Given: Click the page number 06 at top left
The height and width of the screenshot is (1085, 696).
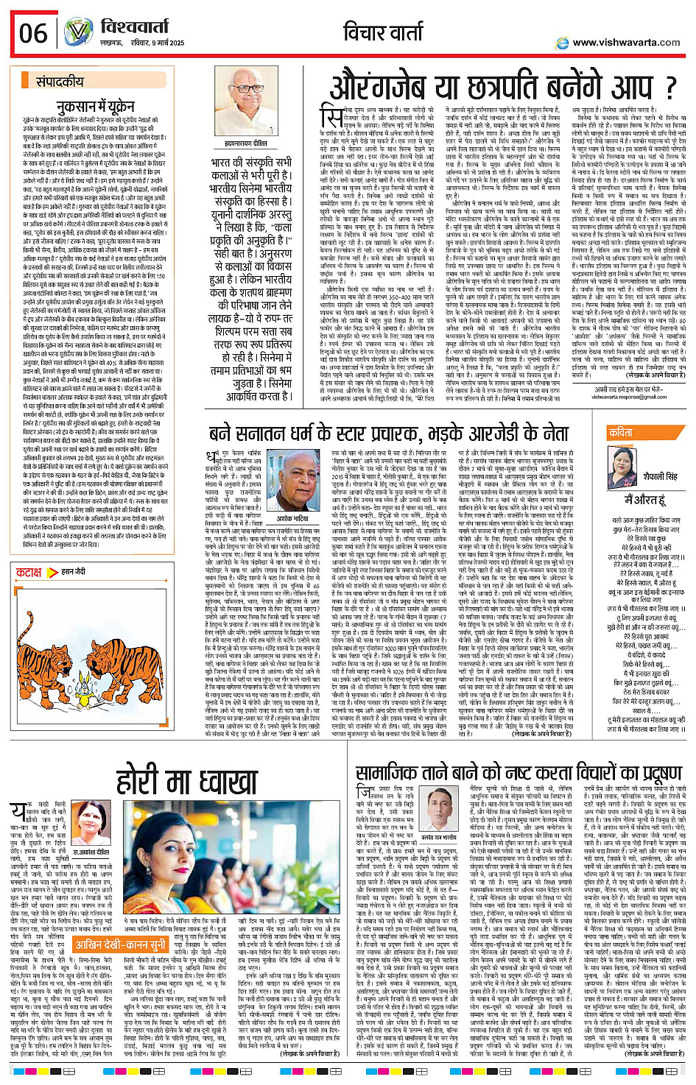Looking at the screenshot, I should coord(33,33).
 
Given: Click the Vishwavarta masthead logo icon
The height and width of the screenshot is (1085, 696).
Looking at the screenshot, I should coord(77,32).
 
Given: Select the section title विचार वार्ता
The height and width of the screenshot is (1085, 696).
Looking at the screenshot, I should coord(396,32).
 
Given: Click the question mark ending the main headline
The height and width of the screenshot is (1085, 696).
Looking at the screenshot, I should coord(668,88).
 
